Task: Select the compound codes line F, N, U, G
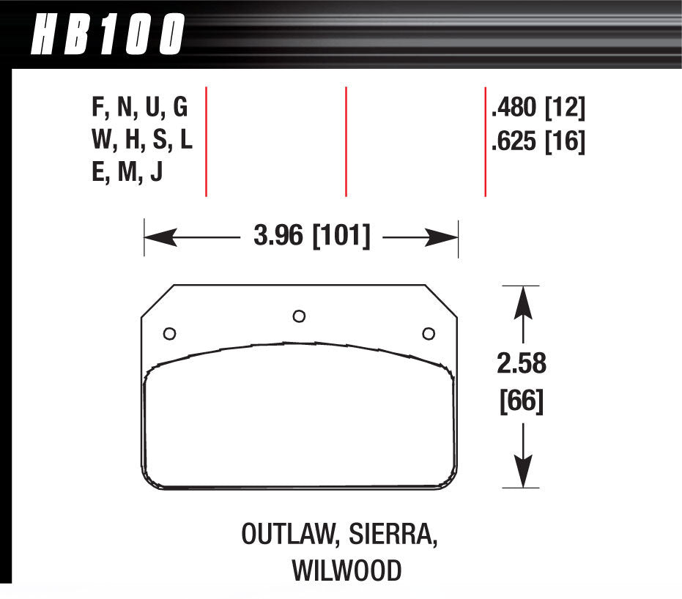tap(139, 108)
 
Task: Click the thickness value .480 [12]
tap(538, 108)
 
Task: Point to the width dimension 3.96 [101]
tap(311, 237)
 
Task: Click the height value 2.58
tap(521, 363)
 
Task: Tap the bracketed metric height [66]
tap(521, 401)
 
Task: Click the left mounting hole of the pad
tap(169, 334)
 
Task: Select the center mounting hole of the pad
tap(298, 316)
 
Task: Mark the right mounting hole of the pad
tap(429, 334)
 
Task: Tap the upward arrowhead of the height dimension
tap(521, 301)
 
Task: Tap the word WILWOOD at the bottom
tap(347, 570)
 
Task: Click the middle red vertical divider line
tap(346, 141)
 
